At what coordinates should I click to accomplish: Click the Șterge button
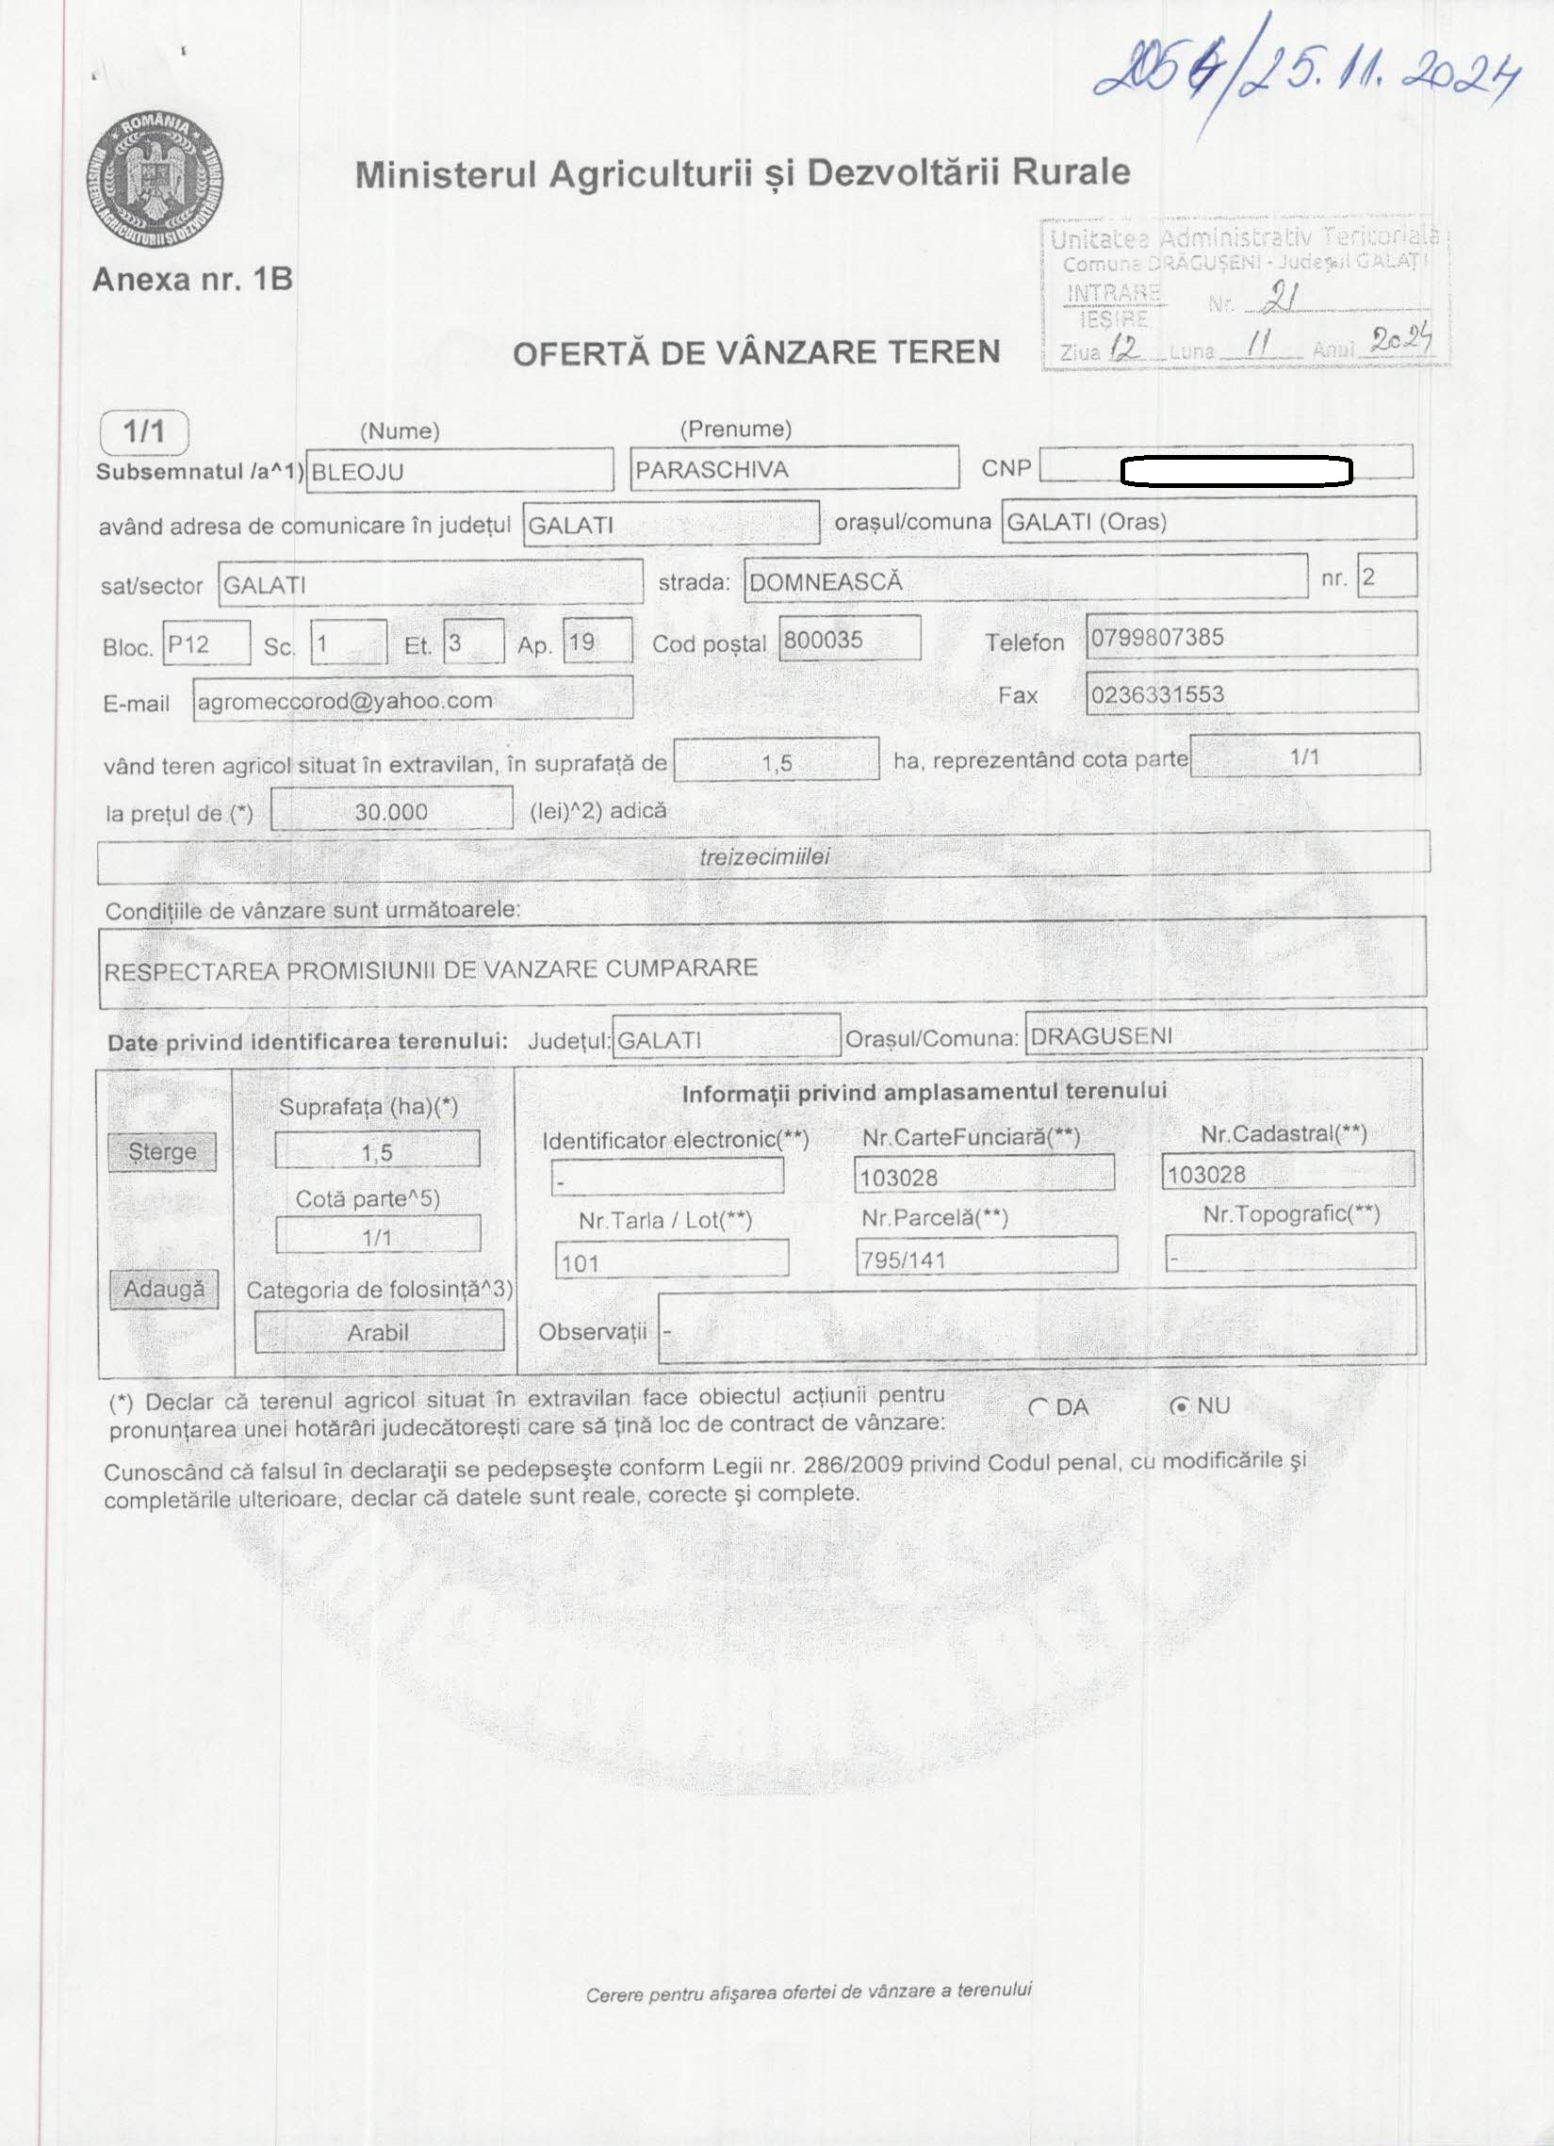pos(163,1151)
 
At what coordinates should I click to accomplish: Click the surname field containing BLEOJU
pos(459,470)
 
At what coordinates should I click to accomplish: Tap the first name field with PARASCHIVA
pos(793,469)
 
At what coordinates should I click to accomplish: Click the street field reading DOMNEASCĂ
pos(1025,580)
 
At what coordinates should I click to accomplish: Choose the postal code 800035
pos(848,640)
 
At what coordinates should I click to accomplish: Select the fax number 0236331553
pos(1251,694)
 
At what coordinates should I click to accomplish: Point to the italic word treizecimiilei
pos(762,857)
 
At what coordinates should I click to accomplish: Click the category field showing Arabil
pos(379,1332)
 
